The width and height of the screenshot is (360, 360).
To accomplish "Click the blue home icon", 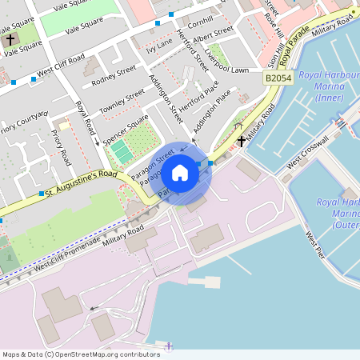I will pos(180,173).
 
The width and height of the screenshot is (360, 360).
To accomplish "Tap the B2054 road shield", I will pos(277,78).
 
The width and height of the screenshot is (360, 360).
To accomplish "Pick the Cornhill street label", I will pos(201,19).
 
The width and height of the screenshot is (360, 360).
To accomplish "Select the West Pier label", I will pos(315,246).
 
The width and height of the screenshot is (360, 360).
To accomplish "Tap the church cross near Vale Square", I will pos(10,38).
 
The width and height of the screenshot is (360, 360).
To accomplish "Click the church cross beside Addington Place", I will pos(241,142).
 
